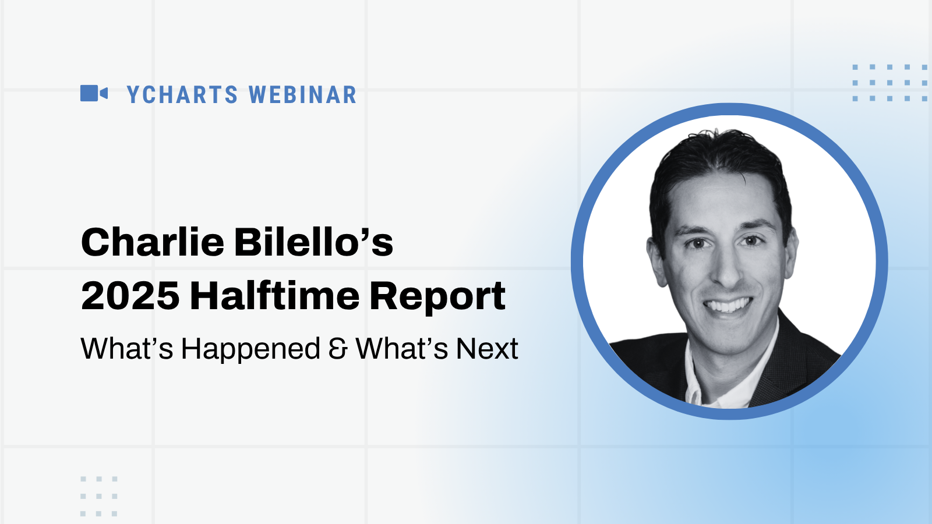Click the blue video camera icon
[94, 93]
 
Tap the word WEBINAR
[303, 94]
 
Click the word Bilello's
[314, 242]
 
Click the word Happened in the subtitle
[250, 349]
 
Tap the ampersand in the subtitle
[337, 349]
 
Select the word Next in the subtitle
[487, 349]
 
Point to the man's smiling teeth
[728, 306]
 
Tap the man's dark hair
[720, 162]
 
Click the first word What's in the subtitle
[127, 349]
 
